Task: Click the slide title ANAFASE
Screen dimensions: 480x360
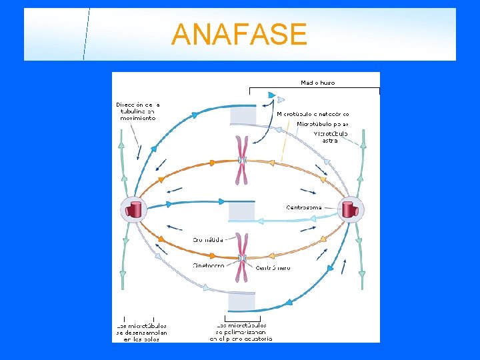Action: click(239, 34)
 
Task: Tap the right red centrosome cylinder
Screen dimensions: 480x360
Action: click(349, 209)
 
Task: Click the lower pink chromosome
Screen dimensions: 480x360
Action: click(242, 258)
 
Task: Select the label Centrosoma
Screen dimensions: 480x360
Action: click(304, 207)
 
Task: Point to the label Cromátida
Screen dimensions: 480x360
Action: click(208, 239)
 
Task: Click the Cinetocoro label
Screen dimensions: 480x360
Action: click(208, 265)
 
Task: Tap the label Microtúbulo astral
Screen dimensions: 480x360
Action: click(331, 137)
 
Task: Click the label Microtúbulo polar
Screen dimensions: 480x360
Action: click(322, 124)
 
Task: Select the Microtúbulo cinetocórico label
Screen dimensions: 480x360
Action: click(313, 114)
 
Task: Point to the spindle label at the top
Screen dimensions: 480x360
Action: click(318, 83)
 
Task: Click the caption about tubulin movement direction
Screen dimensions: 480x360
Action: click(138, 111)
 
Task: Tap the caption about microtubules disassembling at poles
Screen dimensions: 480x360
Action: click(141, 332)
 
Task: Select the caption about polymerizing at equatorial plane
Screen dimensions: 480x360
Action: click(241, 332)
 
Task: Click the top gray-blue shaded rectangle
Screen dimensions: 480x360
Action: click(242, 116)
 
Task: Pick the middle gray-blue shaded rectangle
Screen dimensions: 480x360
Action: click(241, 212)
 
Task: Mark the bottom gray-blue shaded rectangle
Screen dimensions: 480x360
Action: click(241, 301)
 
